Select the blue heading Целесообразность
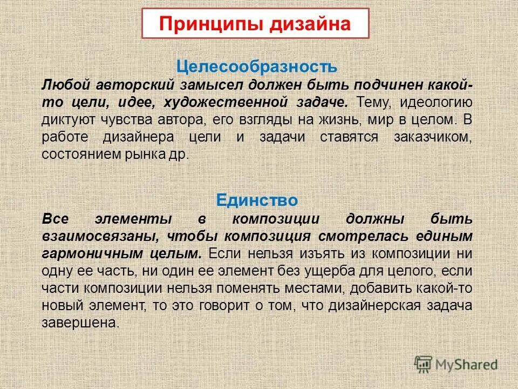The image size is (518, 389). [x=257, y=67]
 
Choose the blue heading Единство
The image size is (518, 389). [x=257, y=200]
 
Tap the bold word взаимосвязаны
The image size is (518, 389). [x=100, y=237]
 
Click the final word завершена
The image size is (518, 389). [x=79, y=323]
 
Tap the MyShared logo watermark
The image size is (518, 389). [x=456, y=364]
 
